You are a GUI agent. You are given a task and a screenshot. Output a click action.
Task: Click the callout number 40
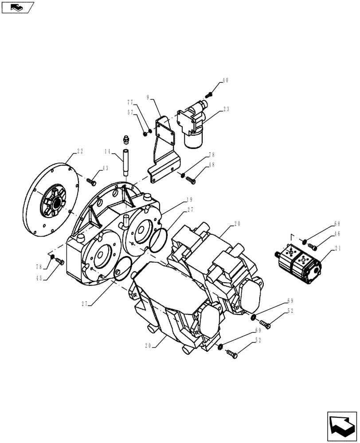[225, 81]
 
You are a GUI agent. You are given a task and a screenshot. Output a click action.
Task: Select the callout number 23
[226, 109]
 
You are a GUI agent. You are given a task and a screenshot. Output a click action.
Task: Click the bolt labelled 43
[92, 181]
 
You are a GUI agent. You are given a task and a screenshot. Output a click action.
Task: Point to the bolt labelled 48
[191, 180]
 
